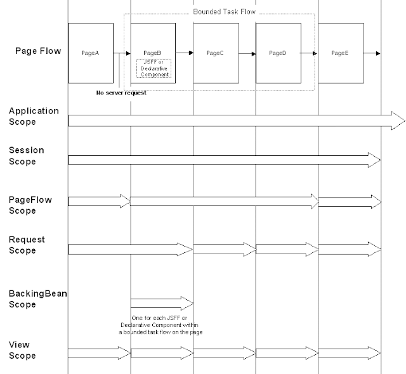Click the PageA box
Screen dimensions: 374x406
(91, 53)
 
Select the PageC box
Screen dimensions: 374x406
(216, 53)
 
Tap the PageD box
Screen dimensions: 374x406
(278, 53)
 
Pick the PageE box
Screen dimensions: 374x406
(341, 53)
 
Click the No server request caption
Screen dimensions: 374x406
(121, 93)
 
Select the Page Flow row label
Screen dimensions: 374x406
(38, 51)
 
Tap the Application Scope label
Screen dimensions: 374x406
(34, 116)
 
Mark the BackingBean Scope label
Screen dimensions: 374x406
(37, 299)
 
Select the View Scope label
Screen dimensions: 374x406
(22, 350)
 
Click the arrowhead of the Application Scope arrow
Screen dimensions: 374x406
(398, 120)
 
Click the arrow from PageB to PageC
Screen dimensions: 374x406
(185, 52)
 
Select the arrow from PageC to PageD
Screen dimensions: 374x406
(247, 52)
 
